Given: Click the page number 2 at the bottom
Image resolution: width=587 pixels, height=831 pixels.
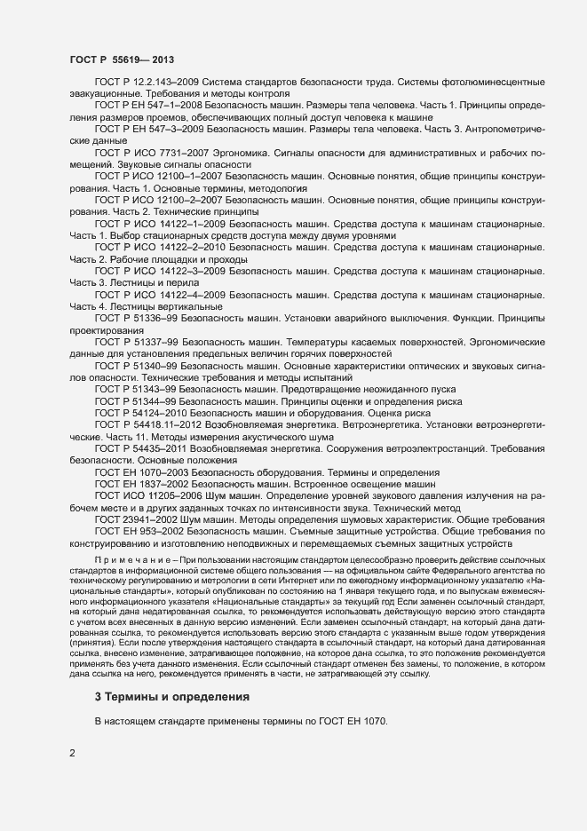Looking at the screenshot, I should coord(72,753).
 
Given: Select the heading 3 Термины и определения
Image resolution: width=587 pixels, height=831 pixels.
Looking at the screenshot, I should coord(174,696).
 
